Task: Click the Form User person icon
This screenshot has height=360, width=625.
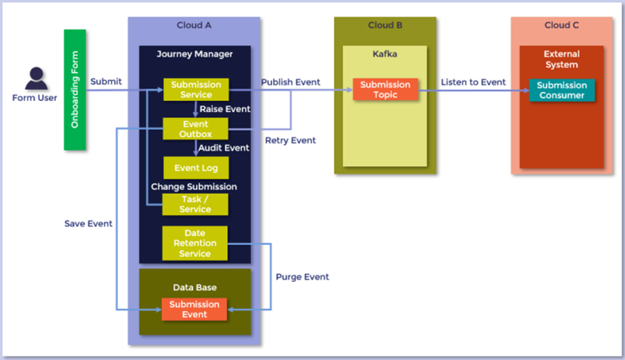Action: tap(35, 78)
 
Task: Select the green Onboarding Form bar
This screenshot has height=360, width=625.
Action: tap(75, 90)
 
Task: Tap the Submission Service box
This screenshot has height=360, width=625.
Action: tap(196, 89)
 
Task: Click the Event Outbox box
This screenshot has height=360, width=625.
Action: tap(195, 129)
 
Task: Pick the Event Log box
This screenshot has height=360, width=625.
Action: tap(196, 168)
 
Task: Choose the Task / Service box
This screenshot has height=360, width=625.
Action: tap(195, 204)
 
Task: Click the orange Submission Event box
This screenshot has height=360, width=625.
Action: tap(194, 309)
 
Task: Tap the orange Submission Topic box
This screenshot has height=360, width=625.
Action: tap(386, 89)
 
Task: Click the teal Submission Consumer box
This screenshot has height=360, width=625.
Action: tap(561, 90)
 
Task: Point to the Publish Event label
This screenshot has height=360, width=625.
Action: tap(291, 82)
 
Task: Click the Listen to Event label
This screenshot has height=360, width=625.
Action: tap(473, 82)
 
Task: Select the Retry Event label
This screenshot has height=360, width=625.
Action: tap(291, 140)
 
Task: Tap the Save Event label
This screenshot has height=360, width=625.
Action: tap(88, 224)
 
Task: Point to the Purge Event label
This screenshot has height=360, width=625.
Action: tap(302, 276)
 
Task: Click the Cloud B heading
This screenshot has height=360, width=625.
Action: tap(386, 26)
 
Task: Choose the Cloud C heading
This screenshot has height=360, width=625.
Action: tap(562, 26)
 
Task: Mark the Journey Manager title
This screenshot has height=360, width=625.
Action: tap(194, 53)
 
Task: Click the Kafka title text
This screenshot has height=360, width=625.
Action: tap(385, 53)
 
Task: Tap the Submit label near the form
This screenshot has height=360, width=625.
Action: tap(106, 81)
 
